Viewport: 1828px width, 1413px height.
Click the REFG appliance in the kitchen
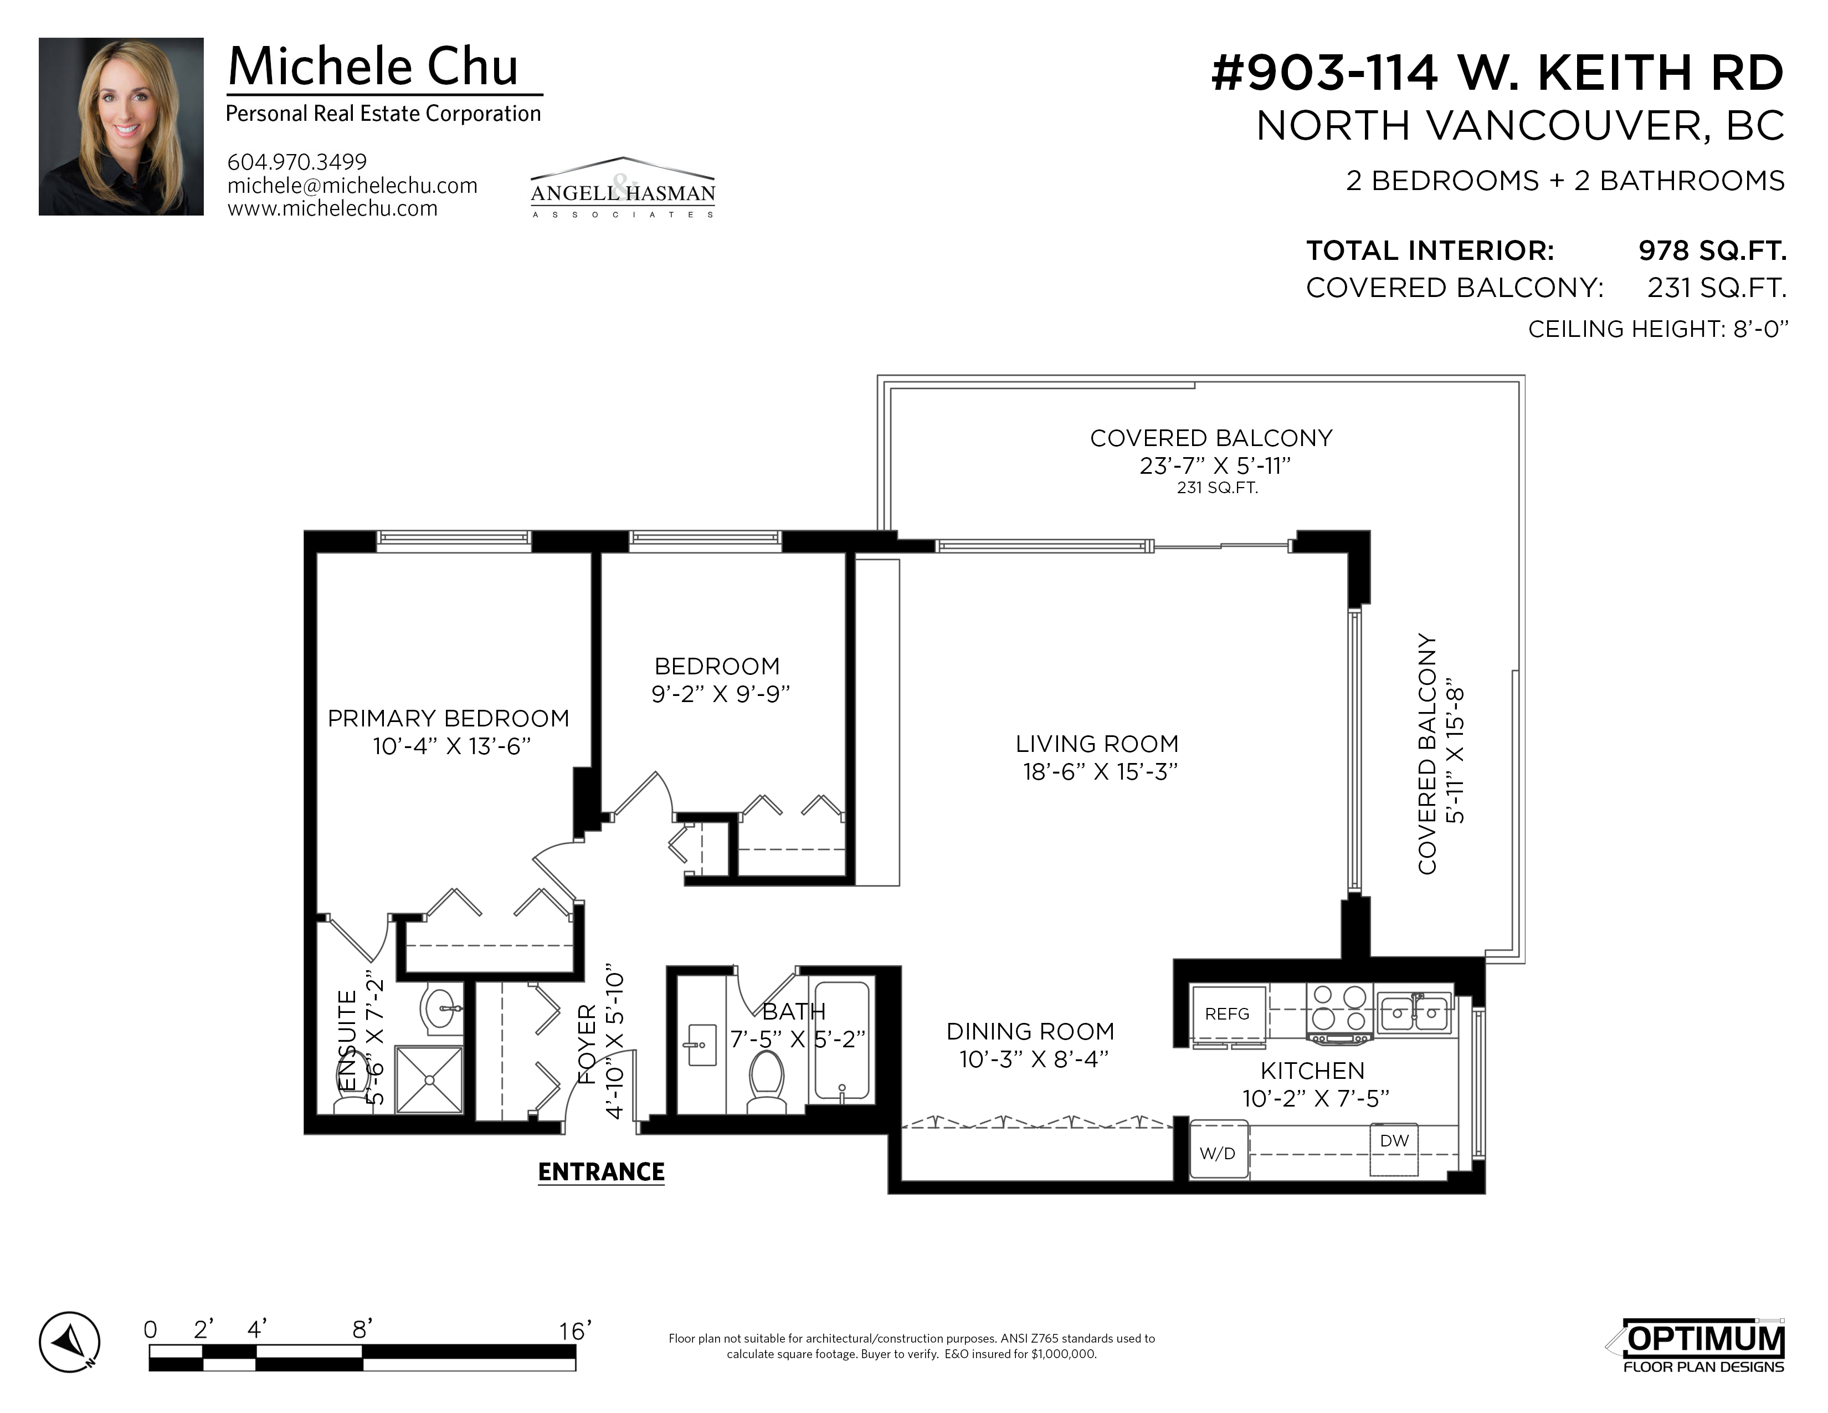(x=1227, y=1013)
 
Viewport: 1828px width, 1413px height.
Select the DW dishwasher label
(x=1394, y=1140)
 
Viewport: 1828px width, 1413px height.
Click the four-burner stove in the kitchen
(x=1340, y=1013)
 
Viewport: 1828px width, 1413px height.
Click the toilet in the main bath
(x=766, y=1082)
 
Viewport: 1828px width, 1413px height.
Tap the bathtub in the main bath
(x=842, y=1042)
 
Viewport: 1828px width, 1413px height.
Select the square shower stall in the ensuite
(x=429, y=1080)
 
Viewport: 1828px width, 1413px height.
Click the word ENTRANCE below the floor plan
(x=601, y=1172)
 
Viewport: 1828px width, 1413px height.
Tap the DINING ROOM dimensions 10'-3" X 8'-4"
(x=1034, y=1059)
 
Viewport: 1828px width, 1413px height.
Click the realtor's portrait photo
(x=121, y=126)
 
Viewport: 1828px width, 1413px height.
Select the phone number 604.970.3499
(x=297, y=162)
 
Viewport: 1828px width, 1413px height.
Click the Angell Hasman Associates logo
(x=623, y=187)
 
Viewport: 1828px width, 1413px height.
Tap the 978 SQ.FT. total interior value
(x=1712, y=250)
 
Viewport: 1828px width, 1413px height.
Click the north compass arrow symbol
(x=69, y=1343)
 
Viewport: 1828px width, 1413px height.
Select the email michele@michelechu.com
(x=352, y=185)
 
